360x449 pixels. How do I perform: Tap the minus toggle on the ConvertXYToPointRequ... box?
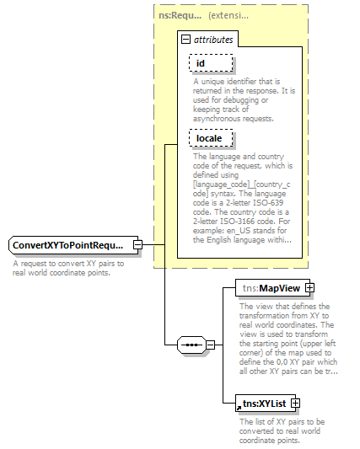tap(137, 245)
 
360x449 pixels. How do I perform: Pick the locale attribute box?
tap(210, 137)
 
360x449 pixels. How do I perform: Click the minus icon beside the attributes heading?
tap(185, 39)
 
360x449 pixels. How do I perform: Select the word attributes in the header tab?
tap(213, 39)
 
